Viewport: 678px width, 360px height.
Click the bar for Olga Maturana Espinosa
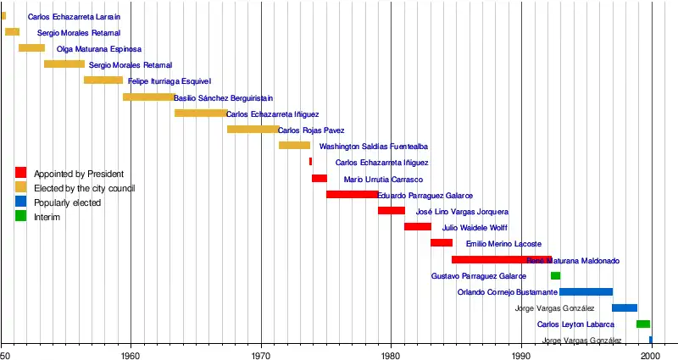tap(31, 48)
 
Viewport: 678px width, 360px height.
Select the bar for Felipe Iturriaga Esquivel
tap(103, 80)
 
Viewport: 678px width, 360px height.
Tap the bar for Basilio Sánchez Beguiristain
tap(148, 97)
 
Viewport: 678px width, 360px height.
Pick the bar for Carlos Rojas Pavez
tap(253, 130)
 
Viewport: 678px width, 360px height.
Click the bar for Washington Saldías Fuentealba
tap(294, 146)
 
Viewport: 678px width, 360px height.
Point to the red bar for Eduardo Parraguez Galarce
tap(352, 195)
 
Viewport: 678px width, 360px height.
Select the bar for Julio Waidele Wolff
tap(417, 227)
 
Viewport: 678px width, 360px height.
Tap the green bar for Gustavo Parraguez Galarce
tap(555, 276)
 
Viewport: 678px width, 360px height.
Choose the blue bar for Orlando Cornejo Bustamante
tap(586, 292)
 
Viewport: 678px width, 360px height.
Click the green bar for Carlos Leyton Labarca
tap(643, 324)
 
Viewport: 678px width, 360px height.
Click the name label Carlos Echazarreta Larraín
tap(74, 17)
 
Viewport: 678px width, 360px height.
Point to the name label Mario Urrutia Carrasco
tap(383, 180)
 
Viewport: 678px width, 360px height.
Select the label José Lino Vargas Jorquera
tap(462, 212)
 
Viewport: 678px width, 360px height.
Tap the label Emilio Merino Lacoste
tap(503, 244)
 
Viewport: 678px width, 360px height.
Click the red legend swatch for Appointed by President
tap(21, 174)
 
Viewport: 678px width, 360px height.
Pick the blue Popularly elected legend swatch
tap(21, 202)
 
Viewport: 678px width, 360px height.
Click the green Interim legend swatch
tap(21, 217)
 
